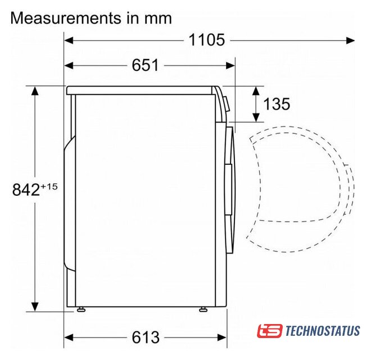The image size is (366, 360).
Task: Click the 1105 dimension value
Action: click(x=206, y=40)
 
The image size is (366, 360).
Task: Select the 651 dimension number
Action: click(x=145, y=65)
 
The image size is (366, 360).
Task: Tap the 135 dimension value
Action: click(x=277, y=104)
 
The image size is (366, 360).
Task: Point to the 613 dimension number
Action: click(x=146, y=337)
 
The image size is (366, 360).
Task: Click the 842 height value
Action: click(x=26, y=190)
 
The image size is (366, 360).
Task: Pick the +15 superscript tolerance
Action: click(x=49, y=187)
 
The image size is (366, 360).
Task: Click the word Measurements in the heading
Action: click(x=66, y=18)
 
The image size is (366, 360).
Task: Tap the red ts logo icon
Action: click(x=270, y=331)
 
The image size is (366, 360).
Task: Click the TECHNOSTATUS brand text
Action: click(x=322, y=331)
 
